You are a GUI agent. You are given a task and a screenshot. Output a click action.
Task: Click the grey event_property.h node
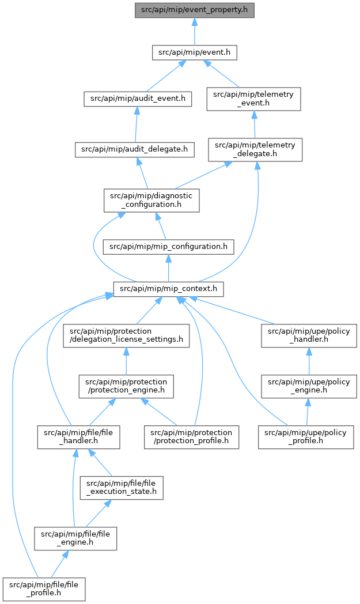coord(195,10)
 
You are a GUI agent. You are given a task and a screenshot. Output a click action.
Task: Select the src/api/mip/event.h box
coord(195,52)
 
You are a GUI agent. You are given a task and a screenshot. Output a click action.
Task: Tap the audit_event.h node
coord(138,99)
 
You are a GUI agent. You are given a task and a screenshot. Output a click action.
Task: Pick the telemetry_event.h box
coord(253,99)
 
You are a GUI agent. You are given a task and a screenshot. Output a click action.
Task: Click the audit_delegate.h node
coord(135,149)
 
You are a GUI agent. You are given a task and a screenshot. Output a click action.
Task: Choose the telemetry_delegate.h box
coord(255,149)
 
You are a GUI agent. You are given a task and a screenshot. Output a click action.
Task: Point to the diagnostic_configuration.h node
coord(151,201)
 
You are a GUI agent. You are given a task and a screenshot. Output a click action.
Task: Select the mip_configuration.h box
coord(168,247)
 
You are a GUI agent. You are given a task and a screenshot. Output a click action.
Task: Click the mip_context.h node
coord(168,289)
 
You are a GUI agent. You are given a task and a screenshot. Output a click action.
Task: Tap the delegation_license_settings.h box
coord(126,335)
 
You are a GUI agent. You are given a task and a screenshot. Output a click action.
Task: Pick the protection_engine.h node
coord(126,386)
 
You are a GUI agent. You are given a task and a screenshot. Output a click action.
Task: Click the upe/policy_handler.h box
coord(309,335)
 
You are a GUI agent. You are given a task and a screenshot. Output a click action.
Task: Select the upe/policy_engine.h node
coord(309,386)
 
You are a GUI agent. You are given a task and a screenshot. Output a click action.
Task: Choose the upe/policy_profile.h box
coord(306,437)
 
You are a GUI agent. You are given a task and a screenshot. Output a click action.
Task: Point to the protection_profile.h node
coord(191,437)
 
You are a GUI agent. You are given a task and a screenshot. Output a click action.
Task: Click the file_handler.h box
coord(78,437)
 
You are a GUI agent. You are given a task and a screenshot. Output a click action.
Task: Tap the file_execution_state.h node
coord(122,488)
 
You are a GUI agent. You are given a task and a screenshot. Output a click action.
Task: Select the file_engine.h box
coord(75,538)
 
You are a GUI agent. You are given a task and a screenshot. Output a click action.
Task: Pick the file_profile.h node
coord(44,589)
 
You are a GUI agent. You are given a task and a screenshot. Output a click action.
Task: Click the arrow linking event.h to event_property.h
coord(195,31)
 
